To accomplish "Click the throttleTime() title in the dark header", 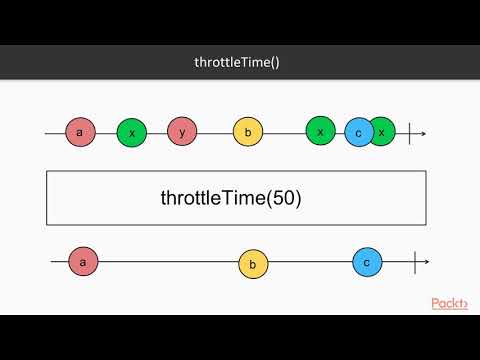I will (x=237, y=62).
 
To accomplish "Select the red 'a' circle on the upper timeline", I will (x=80, y=131).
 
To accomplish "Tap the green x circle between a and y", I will (x=132, y=132).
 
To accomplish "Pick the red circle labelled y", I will (x=183, y=131).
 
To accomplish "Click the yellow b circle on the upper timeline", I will (x=248, y=132).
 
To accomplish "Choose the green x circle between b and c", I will (x=321, y=131).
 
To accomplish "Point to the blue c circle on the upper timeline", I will (x=358, y=133).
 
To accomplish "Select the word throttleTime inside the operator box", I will (x=207, y=198).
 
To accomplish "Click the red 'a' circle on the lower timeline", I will (x=83, y=262).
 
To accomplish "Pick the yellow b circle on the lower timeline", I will (x=253, y=264).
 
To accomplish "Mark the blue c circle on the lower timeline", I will (x=367, y=262).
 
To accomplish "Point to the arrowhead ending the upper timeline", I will (x=424, y=132).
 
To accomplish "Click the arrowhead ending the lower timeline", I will (x=426, y=262).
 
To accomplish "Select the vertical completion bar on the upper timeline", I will (x=410, y=132).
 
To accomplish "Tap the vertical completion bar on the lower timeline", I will (x=414, y=262).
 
